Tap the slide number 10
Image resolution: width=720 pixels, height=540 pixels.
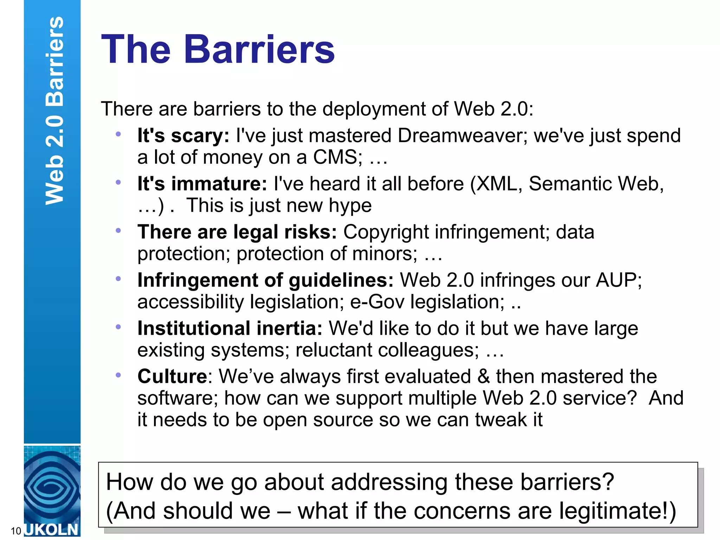(16, 531)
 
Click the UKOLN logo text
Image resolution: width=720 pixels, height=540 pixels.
(52, 529)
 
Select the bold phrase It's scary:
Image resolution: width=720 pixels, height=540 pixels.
(183, 135)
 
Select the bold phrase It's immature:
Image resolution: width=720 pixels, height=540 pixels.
(202, 184)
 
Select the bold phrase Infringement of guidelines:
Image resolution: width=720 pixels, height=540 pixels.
(265, 280)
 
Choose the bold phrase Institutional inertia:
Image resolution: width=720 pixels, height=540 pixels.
(230, 328)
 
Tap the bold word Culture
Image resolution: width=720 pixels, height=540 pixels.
(172, 377)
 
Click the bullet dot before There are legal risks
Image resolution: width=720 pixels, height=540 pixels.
(118, 230)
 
